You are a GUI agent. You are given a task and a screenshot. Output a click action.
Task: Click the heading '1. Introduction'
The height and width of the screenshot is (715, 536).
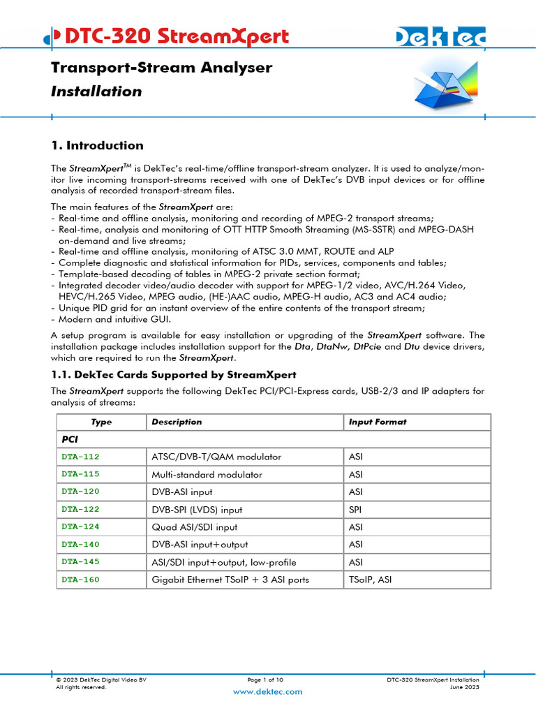[97, 145]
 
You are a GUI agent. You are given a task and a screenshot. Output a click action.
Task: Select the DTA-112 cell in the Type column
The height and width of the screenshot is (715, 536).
[81, 457]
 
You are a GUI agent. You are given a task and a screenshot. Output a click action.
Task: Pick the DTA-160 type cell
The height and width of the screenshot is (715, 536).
[81, 579]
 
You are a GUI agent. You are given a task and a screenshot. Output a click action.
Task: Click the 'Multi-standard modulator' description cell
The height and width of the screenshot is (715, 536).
[207, 474]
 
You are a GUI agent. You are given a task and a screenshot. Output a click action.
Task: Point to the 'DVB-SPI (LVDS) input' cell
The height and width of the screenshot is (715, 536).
[197, 510]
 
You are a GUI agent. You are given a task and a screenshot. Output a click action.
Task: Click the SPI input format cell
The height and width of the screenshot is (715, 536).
[355, 510]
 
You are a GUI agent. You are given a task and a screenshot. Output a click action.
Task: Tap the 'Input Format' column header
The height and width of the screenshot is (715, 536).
[377, 422]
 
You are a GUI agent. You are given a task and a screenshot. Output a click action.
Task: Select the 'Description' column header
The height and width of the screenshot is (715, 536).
[177, 422]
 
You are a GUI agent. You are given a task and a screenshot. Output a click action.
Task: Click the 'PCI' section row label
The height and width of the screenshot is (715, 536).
[70, 439]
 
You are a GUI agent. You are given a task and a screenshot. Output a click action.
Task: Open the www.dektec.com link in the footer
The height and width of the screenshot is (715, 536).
[267, 691]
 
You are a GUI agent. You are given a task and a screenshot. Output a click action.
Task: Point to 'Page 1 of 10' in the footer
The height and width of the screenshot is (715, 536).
[265, 679]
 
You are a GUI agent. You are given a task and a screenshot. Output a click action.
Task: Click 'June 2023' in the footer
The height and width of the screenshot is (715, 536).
[465, 687]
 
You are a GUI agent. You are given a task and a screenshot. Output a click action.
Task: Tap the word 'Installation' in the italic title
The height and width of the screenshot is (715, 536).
[96, 91]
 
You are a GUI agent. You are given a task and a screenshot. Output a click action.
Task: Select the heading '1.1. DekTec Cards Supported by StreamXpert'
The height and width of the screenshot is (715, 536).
[174, 374]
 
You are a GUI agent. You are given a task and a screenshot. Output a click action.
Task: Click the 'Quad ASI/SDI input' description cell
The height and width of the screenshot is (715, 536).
[194, 527]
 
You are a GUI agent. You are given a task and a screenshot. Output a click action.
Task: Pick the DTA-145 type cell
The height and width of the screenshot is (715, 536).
[81, 561]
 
